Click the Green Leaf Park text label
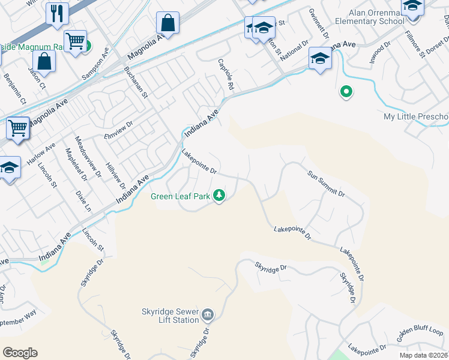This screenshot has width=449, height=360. [180, 196]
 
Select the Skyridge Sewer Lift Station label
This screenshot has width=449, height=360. [170, 316]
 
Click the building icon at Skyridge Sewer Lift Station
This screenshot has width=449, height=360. [208, 314]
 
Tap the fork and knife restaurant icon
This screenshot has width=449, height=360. [58, 13]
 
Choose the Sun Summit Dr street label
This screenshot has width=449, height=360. [326, 184]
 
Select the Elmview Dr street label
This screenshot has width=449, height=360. [117, 133]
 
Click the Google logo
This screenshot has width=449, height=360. [20, 353]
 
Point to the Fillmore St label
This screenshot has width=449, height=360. [415, 45]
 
